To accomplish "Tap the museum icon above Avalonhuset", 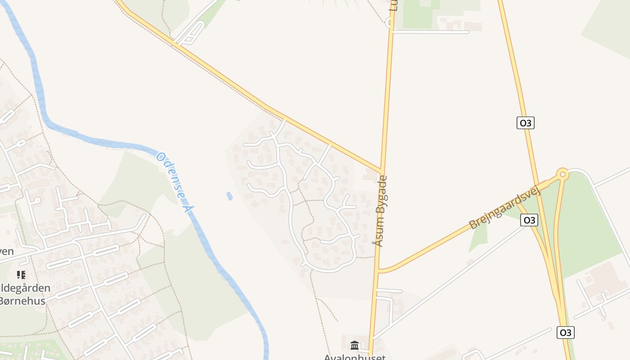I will coord(355,346).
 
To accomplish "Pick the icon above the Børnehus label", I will coord(21,274).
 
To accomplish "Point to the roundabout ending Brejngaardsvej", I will coord(562,174).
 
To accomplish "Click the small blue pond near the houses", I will coord(229,196).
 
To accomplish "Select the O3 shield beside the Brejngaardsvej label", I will coord(529,220).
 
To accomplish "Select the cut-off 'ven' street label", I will coord(7,251).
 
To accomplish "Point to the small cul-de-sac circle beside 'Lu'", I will coord(389,22).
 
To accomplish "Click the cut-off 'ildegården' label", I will coord(25,288).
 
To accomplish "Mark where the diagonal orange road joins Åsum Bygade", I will coord(382,172).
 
